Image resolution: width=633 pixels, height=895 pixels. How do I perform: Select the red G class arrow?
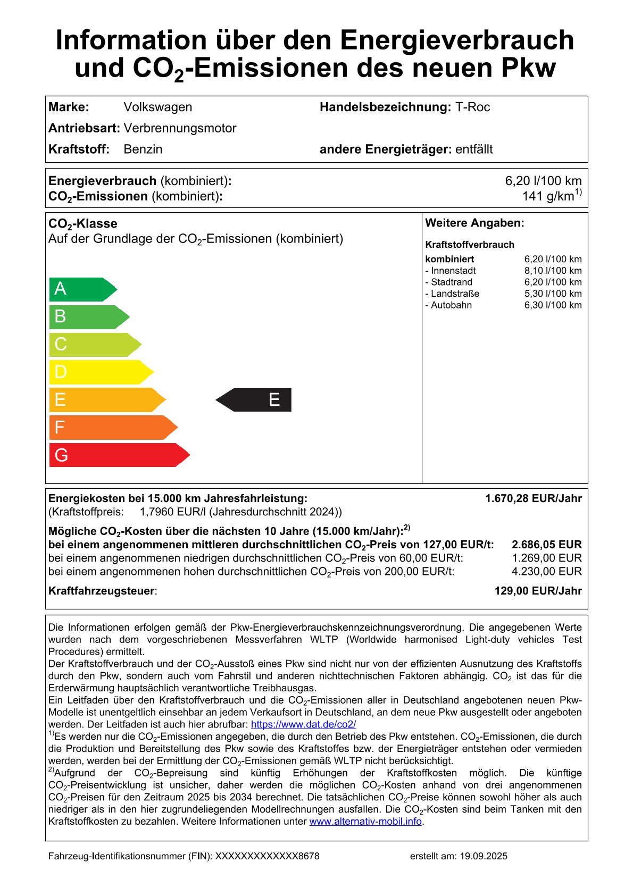coord(117,455)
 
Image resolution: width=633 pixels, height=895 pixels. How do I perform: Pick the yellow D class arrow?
coord(99,372)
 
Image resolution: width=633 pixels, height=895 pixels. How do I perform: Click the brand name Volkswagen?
coord(157,107)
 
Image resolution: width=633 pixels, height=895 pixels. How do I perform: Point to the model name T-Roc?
coord(472,107)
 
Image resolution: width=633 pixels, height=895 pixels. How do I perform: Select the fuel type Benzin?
coord(143,149)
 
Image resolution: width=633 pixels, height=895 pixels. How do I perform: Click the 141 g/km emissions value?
coord(551,196)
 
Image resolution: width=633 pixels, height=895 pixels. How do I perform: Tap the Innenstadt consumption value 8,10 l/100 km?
coord(553,271)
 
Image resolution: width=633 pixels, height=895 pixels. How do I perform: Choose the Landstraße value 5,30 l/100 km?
coord(553,294)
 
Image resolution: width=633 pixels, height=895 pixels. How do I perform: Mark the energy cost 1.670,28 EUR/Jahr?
coord(533,498)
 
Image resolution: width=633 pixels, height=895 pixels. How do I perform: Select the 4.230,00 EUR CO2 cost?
coord(546,572)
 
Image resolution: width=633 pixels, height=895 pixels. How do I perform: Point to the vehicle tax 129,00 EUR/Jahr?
coord(538,591)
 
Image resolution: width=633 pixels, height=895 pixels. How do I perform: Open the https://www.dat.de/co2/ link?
coord(303,724)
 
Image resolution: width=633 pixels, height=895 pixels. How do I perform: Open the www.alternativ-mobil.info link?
coord(365,822)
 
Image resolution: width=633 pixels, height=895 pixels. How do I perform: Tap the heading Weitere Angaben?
coord(474,223)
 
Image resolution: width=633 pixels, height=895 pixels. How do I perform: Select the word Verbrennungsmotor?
coord(180,128)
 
